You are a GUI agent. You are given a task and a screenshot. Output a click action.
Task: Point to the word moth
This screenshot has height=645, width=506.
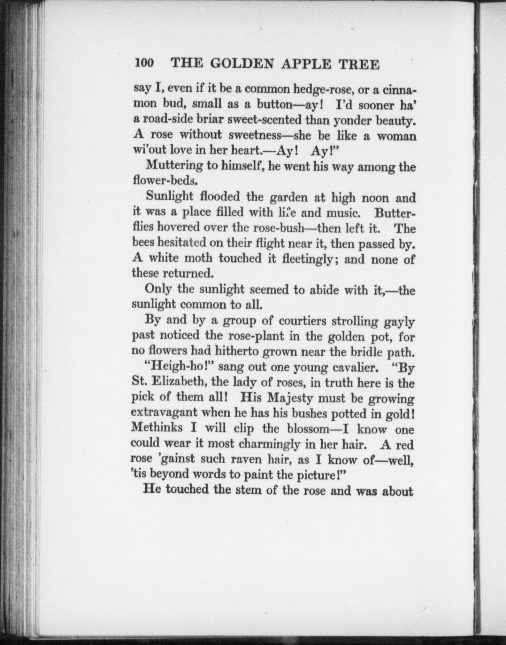pos(198,258)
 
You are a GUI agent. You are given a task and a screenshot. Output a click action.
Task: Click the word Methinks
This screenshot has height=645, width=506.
pos(157,427)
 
